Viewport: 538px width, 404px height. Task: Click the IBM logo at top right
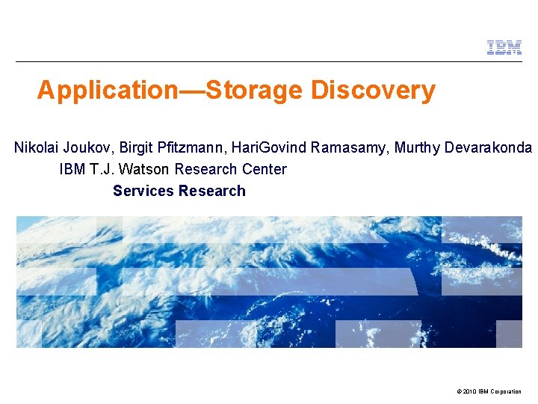point(504,48)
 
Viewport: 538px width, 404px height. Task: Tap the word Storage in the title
point(255,91)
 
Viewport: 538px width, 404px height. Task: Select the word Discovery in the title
point(374,91)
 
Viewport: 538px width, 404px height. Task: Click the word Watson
point(146,169)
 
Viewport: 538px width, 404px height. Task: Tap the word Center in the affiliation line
point(265,169)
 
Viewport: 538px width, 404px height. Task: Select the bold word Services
point(143,191)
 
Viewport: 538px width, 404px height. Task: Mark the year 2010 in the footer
point(469,391)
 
